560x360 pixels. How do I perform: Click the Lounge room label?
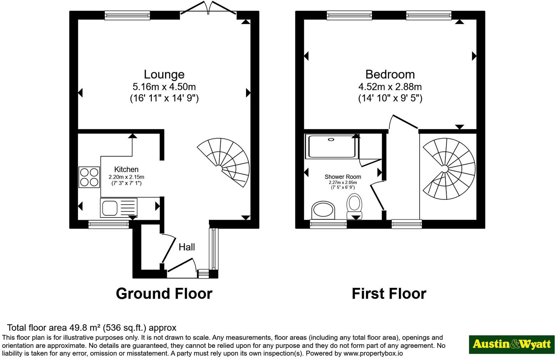pos(164,74)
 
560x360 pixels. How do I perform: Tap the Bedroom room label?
pos(390,74)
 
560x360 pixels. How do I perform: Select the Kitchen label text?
pos(126,170)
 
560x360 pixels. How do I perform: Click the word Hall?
pos(186,247)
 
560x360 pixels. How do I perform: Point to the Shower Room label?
pos(343,177)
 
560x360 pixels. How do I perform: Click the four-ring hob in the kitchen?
pos(89,177)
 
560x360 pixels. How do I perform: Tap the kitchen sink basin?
pos(110,208)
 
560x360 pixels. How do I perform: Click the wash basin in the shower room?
pos(323,210)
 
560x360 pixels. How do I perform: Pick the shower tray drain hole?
pos(331,140)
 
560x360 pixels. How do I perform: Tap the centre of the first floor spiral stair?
pos(445,169)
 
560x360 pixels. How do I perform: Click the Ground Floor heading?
pos(164,294)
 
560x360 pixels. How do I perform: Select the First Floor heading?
pos(389,294)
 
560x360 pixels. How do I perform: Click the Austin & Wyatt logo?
pos(511,345)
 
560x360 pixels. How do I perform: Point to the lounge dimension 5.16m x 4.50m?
pos(164,87)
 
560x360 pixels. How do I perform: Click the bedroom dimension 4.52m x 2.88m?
pos(390,87)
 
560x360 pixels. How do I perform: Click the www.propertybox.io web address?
pos(373,354)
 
